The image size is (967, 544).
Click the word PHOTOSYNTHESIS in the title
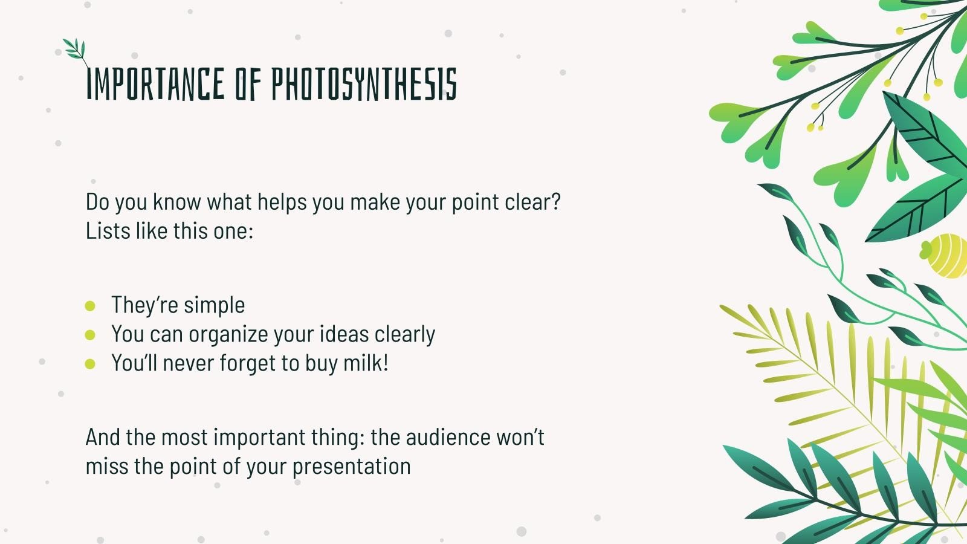click(363, 84)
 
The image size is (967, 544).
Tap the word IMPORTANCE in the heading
click(155, 84)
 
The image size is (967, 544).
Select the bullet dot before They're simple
click(90, 306)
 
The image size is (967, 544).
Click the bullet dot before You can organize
click(90, 335)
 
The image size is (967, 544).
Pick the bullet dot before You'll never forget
click(90, 364)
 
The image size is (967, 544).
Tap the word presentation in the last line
click(351, 467)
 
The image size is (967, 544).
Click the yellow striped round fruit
click(946, 255)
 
